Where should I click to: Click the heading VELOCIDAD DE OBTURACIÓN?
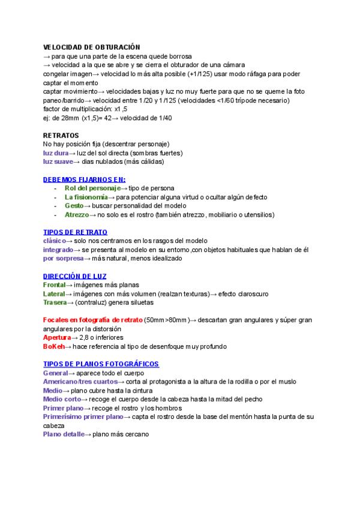pos(91,47)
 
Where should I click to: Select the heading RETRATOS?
pos(61,136)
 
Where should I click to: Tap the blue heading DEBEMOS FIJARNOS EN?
pos(84,179)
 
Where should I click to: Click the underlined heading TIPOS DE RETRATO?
pos(75,232)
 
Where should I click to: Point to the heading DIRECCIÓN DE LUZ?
pos(75,276)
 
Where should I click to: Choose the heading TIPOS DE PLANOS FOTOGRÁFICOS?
pos(101,364)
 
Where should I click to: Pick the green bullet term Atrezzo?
pos(76,214)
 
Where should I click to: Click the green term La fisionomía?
pos(86,197)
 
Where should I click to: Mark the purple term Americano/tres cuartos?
pos(80,382)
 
